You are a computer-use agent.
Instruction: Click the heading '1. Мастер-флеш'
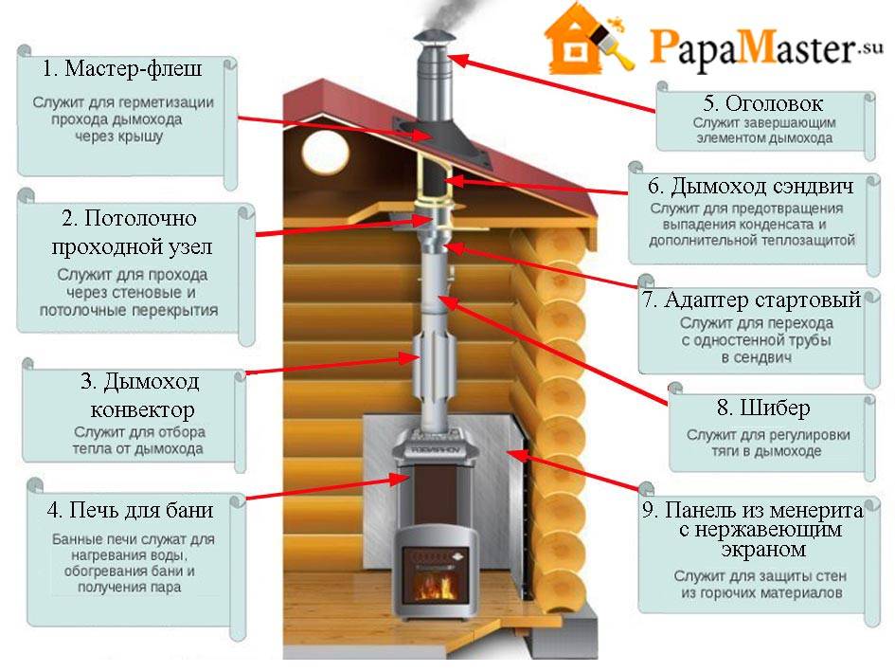tap(122, 68)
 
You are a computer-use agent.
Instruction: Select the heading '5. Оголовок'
tap(763, 103)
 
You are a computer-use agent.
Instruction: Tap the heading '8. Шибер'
tap(763, 408)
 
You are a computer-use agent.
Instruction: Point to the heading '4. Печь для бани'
tap(130, 510)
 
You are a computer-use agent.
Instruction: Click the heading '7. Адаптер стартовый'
tap(752, 300)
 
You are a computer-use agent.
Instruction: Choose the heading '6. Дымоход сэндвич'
tap(751, 186)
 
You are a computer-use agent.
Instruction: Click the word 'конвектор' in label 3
tap(143, 409)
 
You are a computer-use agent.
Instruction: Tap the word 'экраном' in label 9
tap(763, 550)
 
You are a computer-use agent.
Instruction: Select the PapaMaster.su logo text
tap(766, 47)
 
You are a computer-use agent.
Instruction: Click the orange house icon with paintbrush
tap(588, 39)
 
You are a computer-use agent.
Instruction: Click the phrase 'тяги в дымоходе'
tap(766, 451)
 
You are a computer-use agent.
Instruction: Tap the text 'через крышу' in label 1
tap(118, 137)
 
